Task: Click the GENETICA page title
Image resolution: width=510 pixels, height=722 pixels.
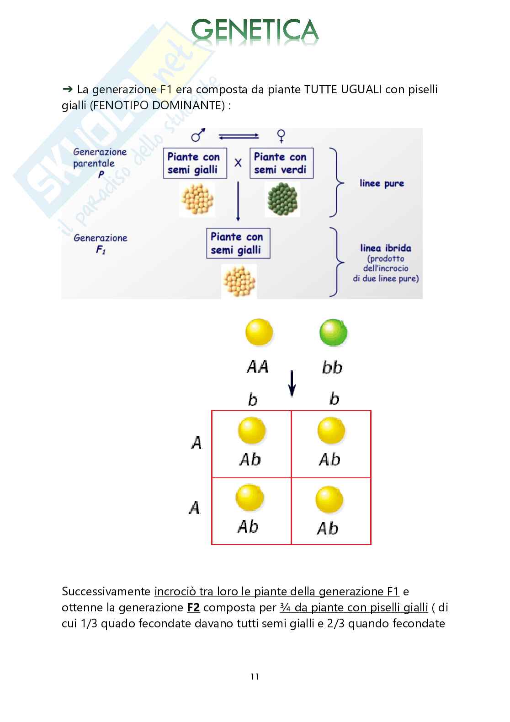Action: (x=255, y=30)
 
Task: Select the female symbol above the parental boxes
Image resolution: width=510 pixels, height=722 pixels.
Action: (x=282, y=135)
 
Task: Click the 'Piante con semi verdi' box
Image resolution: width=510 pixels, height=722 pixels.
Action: (x=281, y=163)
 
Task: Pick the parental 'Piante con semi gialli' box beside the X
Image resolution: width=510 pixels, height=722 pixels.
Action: (x=195, y=163)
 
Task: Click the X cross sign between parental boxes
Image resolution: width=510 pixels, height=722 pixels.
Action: (x=238, y=163)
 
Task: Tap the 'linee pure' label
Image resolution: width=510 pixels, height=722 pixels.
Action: (x=382, y=183)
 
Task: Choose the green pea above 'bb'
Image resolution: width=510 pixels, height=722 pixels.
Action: (x=333, y=332)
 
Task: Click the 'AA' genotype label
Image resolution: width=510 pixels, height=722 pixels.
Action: (x=257, y=367)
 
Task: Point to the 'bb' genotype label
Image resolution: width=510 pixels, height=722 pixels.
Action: (x=332, y=368)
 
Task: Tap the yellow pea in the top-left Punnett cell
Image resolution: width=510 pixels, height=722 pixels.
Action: (x=251, y=431)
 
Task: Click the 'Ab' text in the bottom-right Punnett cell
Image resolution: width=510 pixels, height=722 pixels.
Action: (x=328, y=529)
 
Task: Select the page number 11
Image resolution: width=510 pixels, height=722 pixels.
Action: (x=255, y=677)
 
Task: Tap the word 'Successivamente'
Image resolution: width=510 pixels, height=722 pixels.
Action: (x=106, y=592)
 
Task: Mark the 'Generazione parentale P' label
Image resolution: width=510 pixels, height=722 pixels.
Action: (x=100, y=163)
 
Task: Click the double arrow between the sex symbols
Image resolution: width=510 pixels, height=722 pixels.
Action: (x=239, y=136)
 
